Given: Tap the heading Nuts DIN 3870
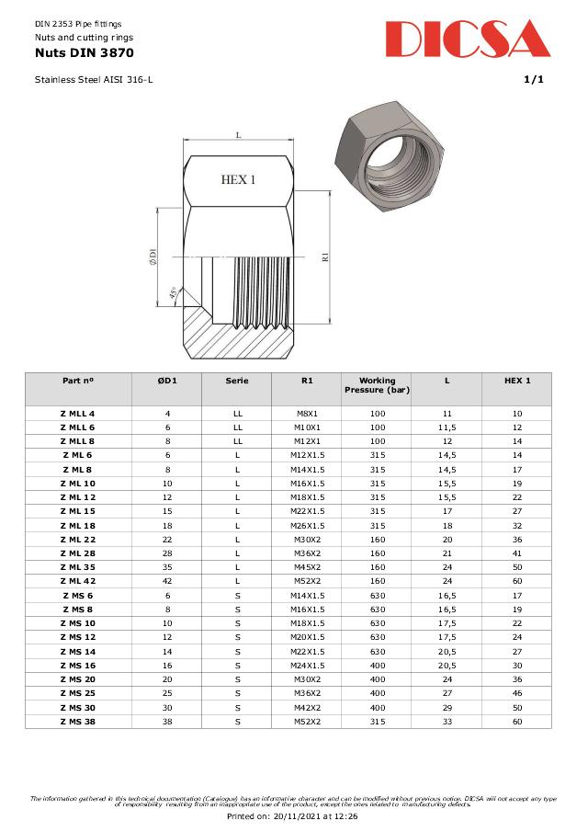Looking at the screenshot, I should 72,53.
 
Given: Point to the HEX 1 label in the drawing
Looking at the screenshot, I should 238,179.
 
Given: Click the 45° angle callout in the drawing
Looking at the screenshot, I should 173,295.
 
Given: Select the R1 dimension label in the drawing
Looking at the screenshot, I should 324,256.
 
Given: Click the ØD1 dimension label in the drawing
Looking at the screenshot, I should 153,257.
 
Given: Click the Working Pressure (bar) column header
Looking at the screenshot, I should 377,385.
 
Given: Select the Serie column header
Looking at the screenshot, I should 237,380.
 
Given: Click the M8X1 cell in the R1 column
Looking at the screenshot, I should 307,414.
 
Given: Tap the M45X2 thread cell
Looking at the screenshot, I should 307,567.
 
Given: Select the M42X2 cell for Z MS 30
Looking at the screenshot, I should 307,707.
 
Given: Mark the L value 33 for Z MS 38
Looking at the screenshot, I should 447,721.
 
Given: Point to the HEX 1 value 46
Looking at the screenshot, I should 517,693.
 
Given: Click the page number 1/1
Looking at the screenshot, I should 534,80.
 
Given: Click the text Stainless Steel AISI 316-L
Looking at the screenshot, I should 94,80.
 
